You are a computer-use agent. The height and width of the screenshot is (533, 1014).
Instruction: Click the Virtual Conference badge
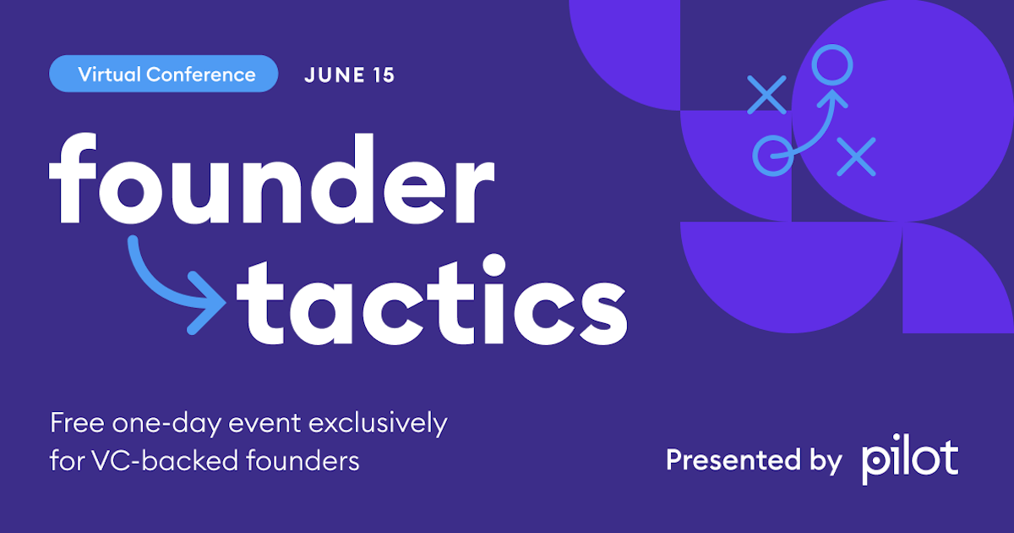pyautogui.click(x=164, y=74)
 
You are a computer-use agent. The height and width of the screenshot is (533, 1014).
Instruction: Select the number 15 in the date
pyautogui.click(x=382, y=74)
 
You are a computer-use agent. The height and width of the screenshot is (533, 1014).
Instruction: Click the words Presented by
pyautogui.click(x=753, y=460)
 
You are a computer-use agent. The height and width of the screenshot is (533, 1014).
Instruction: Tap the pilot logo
pyautogui.click(x=910, y=460)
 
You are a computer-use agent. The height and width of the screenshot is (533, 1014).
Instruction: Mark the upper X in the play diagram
pyautogui.click(x=766, y=94)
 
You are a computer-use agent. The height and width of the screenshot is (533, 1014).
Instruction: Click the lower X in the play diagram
pyautogui.click(x=855, y=157)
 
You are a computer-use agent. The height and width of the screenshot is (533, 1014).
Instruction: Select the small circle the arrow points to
pyautogui.click(x=832, y=64)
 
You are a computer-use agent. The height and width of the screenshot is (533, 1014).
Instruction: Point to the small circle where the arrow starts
pyautogui.click(x=773, y=156)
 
